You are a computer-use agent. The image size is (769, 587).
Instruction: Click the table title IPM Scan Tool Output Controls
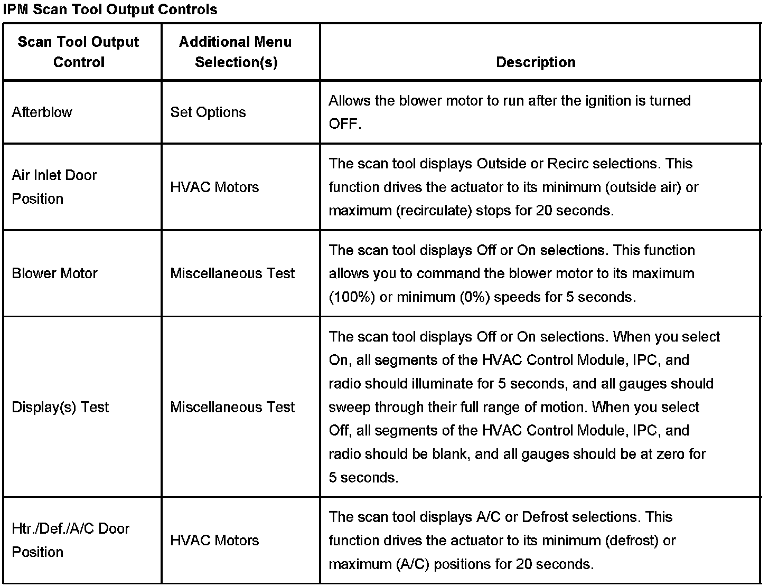pos(110,10)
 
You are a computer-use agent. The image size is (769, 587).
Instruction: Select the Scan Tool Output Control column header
pos(79,52)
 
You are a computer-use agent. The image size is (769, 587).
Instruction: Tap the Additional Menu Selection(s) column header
pos(236,52)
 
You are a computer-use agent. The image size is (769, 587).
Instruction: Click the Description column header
pos(536,62)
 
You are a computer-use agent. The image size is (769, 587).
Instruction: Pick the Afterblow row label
pos(42,112)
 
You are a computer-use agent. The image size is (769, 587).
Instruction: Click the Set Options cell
pos(208,112)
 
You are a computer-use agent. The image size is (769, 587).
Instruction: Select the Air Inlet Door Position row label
pos(54,187)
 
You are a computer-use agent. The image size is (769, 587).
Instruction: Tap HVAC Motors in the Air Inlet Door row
pos(214,187)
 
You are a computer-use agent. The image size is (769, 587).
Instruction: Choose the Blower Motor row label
pos(54,273)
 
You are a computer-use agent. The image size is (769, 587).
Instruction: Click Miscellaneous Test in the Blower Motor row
pos(232,273)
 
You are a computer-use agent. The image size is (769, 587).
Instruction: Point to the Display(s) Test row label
pos(60,407)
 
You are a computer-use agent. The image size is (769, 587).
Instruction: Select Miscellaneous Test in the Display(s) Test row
pos(232,407)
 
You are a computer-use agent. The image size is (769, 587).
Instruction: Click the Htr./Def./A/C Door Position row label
pos(70,540)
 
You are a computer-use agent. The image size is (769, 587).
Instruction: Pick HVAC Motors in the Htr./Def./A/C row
pos(214,540)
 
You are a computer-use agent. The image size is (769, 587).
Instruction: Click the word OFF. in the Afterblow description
pos(345,124)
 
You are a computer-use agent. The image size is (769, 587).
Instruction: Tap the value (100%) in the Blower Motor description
pos(352,297)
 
